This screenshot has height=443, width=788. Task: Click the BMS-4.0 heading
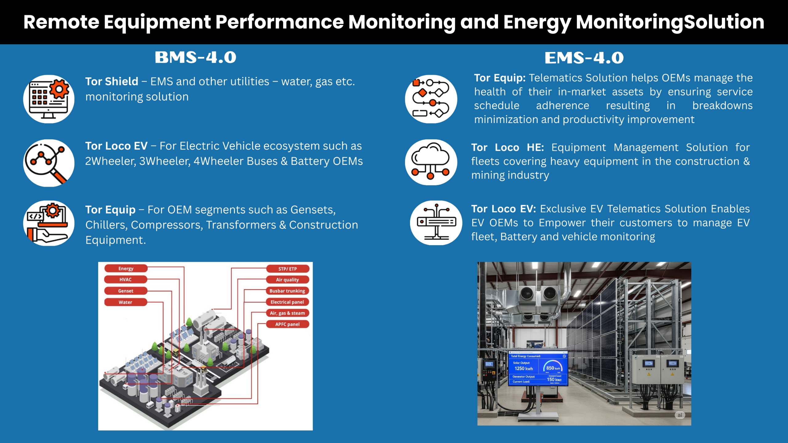pyautogui.click(x=195, y=58)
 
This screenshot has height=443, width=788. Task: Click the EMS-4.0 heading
pyautogui.click(x=584, y=58)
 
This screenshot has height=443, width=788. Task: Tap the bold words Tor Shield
pyautogui.click(x=112, y=82)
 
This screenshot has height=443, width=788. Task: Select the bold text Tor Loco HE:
pyautogui.click(x=507, y=147)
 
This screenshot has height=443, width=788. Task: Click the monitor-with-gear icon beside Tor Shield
pyautogui.click(x=49, y=99)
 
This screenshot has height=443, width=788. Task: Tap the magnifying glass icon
pyautogui.click(x=49, y=163)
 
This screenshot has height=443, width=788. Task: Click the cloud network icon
pyautogui.click(x=431, y=162)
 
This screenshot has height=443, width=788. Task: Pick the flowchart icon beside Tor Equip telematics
pyautogui.click(x=431, y=99)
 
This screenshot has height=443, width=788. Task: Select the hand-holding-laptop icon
pyautogui.click(x=49, y=223)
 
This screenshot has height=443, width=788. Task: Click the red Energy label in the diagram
pyautogui.click(x=126, y=269)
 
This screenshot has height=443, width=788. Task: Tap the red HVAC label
pyautogui.click(x=126, y=280)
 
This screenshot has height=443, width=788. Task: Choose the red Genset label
pyautogui.click(x=126, y=291)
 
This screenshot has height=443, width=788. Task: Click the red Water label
pyautogui.click(x=125, y=302)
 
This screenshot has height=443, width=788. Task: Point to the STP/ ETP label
pyautogui.click(x=287, y=269)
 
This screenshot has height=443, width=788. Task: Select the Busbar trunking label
pyautogui.click(x=287, y=291)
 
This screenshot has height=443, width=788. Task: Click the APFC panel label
pyautogui.click(x=287, y=324)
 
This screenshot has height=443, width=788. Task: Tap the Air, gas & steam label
pyautogui.click(x=287, y=313)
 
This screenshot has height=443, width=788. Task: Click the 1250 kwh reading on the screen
pyautogui.click(x=524, y=369)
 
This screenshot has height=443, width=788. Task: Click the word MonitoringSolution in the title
pyautogui.click(x=670, y=22)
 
